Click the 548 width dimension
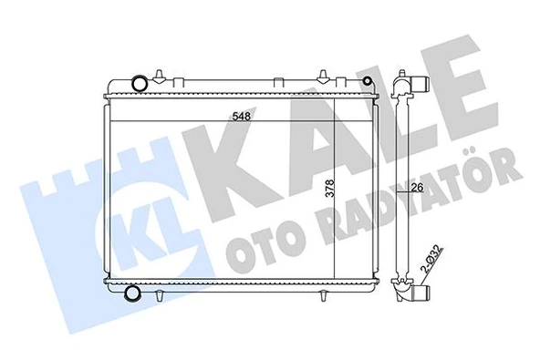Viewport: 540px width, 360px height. (x=240, y=117)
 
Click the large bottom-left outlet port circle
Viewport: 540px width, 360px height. (x=131, y=293)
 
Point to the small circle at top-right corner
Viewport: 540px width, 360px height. (x=368, y=83)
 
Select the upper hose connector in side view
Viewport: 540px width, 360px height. (x=419, y=86)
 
